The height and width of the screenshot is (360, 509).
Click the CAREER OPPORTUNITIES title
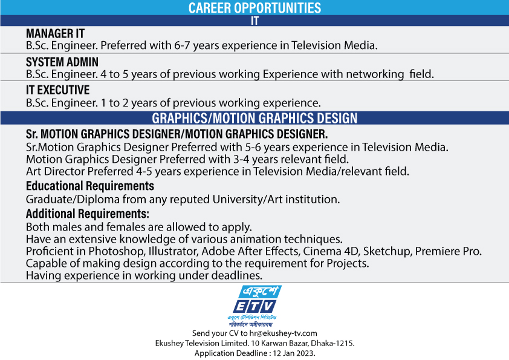point(254,8)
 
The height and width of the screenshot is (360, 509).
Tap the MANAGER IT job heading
point(55,33)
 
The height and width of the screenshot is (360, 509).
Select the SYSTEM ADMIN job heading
point(62,62)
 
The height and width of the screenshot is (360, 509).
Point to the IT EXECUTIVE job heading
point(58,90)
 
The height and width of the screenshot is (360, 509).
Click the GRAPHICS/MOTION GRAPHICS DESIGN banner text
point(254,118)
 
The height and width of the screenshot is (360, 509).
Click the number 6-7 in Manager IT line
point(182,45)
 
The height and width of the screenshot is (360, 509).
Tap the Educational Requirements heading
point(90,186)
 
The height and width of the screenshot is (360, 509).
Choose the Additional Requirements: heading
point(88,214)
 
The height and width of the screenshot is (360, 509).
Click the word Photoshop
point(117,252)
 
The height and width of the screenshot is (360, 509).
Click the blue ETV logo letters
point(255,306)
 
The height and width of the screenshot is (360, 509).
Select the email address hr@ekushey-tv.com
point(283,333)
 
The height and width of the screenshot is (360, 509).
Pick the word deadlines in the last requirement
point(236,275)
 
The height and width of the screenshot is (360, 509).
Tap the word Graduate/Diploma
point(73,199)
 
